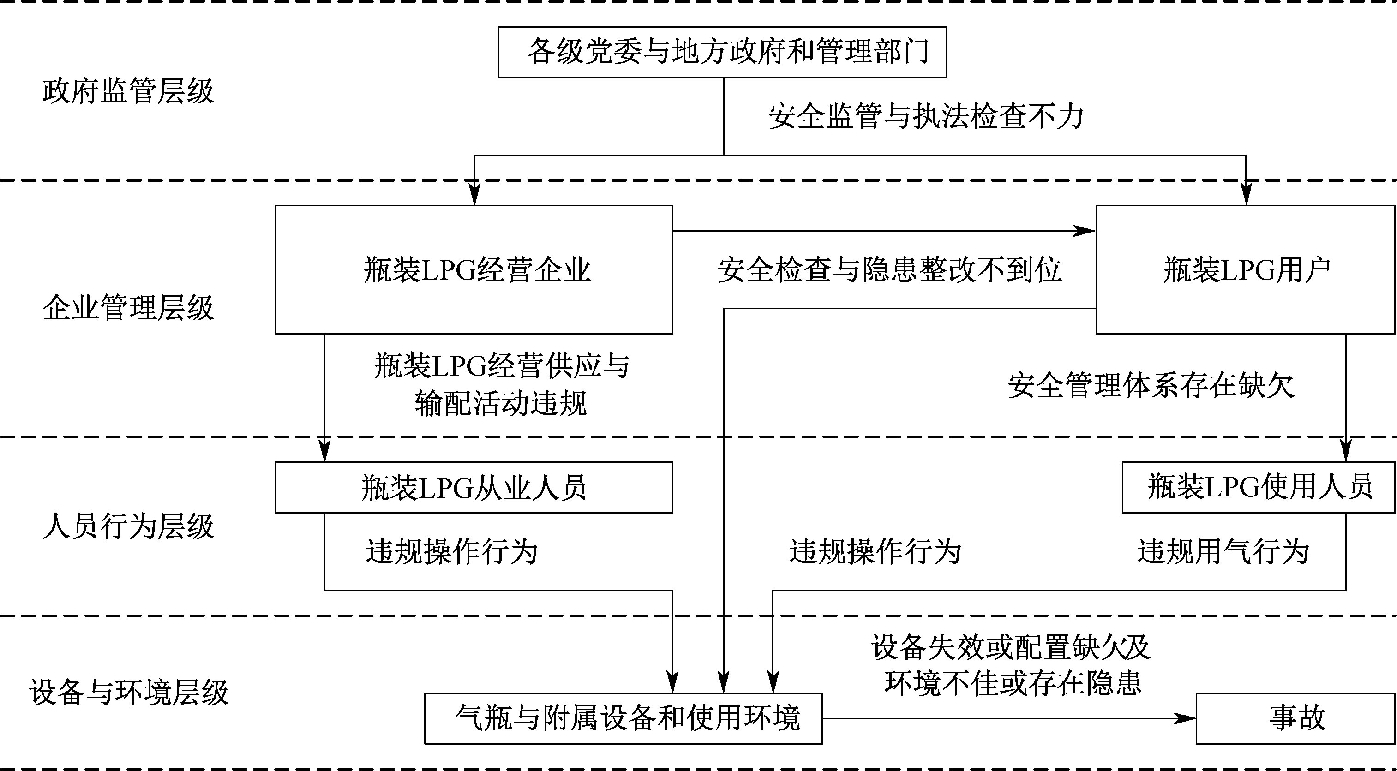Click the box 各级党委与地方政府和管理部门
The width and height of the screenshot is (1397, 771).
pyautogui.click(x=722, y=52)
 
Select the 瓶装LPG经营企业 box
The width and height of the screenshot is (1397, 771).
pyautogui.click(x=474, y=269)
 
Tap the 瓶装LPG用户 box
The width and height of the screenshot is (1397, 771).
pyautogui.click(x=1245, y=269)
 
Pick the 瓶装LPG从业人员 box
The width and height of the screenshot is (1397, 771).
pyautogui.click(x=474, y=487)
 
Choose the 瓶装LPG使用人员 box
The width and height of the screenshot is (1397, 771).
pyautogui.click(x=1258, y=487)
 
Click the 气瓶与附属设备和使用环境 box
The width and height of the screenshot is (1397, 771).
pyautogui.click(x=623, y=718)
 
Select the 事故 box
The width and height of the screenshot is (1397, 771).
pyautogui.click(x=1295, y=718)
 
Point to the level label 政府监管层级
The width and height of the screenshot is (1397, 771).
pyautogui.click(x=128, y=91)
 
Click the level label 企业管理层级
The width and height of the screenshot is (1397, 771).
pyautogui.click(x=128, y=308)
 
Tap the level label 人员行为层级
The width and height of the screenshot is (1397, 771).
pyautogui.click(x=128, y=526)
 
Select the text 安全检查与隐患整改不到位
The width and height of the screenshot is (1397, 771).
pyautogui.click(x=889, y=269)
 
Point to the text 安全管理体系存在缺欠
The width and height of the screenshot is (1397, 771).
pyautogui.click(x=1151, y=386)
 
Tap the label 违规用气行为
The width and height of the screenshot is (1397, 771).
pyautogui.click(x=1223, y=552)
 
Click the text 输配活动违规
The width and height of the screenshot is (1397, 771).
pyautogui.click(x=501, y=404)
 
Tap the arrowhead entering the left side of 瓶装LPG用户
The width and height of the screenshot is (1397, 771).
pyautogui.click(x=1086, y=232)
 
